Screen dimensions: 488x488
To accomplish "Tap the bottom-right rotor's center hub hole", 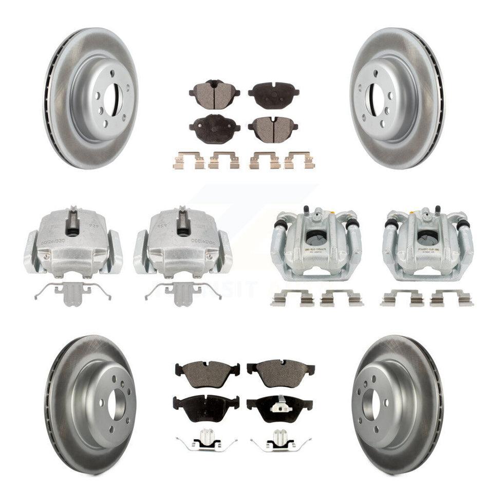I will tap(371, 405).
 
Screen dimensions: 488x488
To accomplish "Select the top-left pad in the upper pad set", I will tap(214, 91).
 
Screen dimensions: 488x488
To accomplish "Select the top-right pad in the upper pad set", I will tap(273, 92).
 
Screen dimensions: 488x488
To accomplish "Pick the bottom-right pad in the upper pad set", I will tap(273, 126).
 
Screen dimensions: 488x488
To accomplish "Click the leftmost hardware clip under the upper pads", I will tap(189, 160).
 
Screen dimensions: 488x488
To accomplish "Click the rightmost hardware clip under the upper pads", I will tap(299, 160).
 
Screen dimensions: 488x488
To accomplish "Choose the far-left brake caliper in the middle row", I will tap(72, 241).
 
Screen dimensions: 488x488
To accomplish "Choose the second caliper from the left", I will tap(182, 241).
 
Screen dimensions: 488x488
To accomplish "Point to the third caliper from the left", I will tap(316, 241).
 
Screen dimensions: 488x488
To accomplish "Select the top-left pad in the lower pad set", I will tap(207, 368).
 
